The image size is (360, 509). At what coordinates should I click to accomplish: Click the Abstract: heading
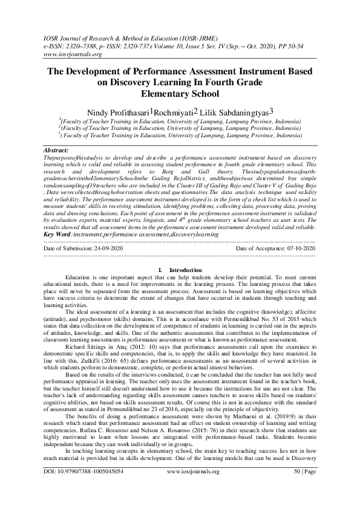(58, 148)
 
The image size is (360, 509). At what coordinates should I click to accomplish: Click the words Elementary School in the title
(180, 93)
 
